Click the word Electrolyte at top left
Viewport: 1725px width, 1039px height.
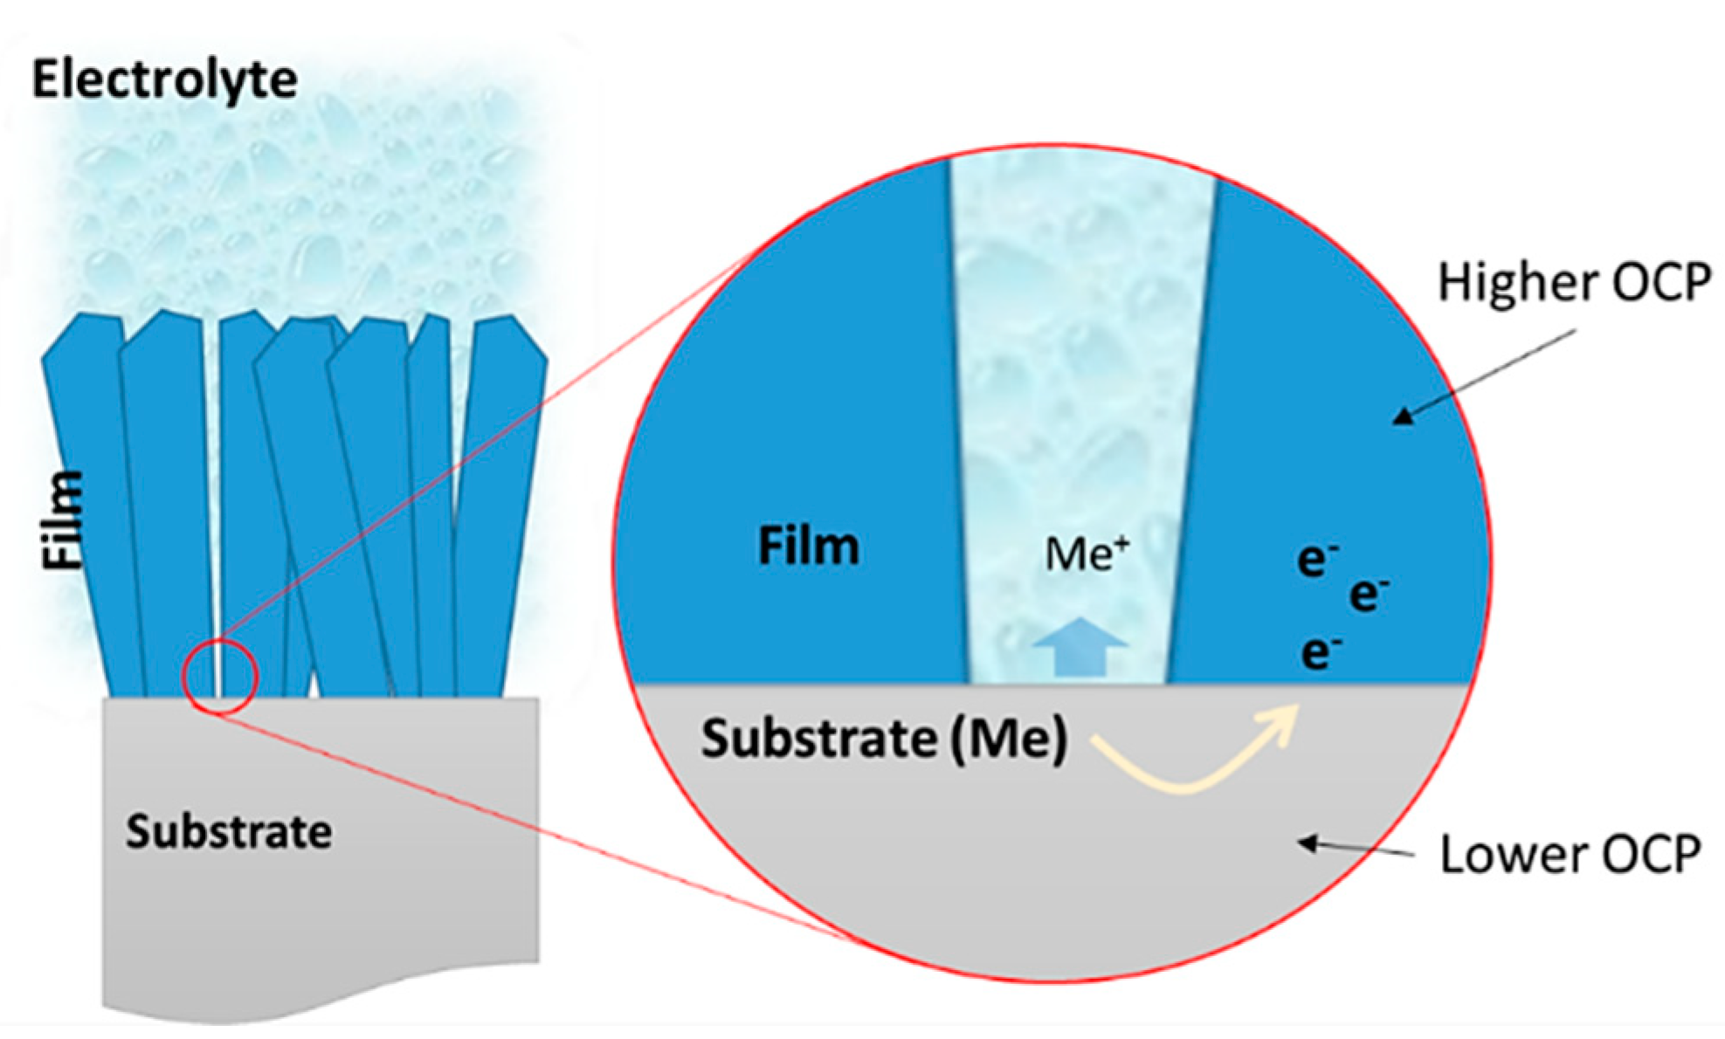click(164, 80)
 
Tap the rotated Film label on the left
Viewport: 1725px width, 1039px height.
click(65, 521)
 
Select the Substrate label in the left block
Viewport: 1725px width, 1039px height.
click(229, 831)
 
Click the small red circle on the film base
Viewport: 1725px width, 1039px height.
click(220, 678)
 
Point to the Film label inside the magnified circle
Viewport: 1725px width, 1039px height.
click(808, 547)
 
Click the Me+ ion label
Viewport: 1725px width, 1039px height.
click(1087, 554)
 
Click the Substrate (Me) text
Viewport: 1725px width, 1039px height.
click(883, 740)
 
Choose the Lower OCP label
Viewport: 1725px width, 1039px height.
click(1570, 854)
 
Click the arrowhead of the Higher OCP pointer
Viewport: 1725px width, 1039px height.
click(1403, 416)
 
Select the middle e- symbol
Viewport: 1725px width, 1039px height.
click(1368, 595)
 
